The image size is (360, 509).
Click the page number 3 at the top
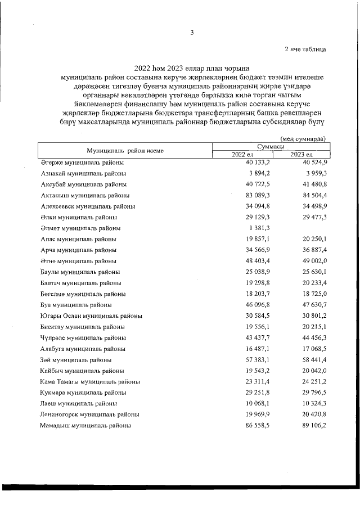192,33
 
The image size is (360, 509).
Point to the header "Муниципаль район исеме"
124,151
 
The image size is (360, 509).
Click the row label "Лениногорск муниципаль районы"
89,415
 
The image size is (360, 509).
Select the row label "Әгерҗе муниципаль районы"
79,163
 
